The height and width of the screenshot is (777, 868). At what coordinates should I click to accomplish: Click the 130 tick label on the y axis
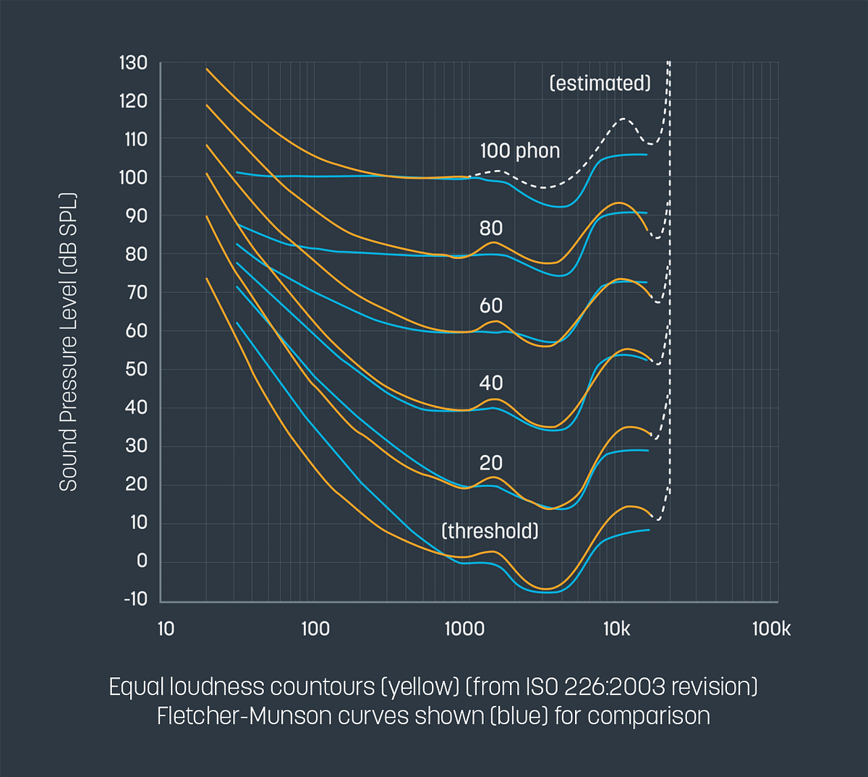(x=133, y=64)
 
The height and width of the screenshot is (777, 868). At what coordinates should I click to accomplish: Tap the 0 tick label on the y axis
(x=142, y=561)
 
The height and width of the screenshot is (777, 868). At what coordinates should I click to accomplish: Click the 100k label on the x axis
(x=771, y=629)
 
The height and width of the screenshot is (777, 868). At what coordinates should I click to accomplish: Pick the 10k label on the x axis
(x=616, y=629)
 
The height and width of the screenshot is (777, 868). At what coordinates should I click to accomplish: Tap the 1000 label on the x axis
(x=464, y=629)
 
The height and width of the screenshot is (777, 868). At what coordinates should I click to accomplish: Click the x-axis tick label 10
(x=166, y=629)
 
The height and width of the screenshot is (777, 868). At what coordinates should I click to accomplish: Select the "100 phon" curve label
(x=520, y=151)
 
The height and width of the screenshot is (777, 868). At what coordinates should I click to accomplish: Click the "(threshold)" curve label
(x=490, y=531)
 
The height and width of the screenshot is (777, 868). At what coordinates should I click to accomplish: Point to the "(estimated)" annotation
(x=600, y=83)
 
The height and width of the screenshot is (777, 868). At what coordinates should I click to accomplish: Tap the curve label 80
(x=491, y=229)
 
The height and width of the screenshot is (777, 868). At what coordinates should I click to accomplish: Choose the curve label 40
(x=491, y=383)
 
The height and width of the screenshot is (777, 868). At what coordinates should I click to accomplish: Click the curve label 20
(x=491, y=463)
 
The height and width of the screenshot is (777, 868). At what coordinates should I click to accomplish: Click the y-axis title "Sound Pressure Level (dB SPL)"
(x=68, y=341)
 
